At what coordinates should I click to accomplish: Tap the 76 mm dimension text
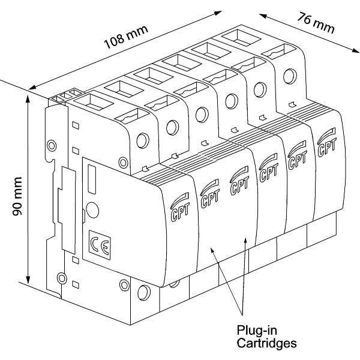[316, 22]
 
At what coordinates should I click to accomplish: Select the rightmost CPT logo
[326, 142]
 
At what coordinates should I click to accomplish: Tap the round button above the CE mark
[93, 210]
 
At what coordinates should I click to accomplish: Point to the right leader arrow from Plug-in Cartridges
[245, 241]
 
